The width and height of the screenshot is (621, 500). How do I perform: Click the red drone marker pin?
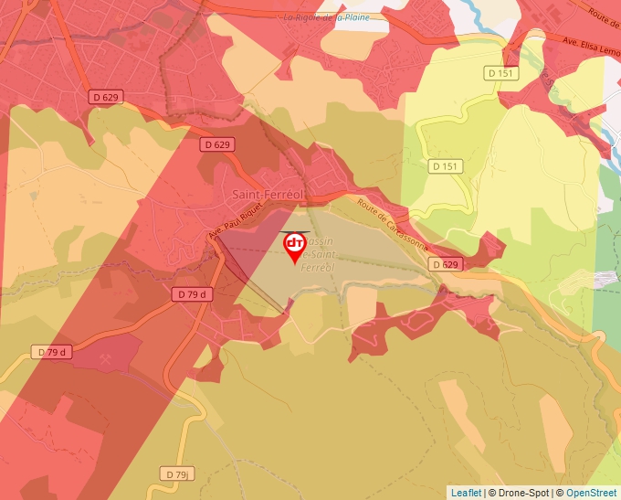coord(295,245)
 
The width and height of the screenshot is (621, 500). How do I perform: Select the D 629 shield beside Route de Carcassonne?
coord(445,264)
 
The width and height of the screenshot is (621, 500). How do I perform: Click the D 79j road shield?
coord(178,473)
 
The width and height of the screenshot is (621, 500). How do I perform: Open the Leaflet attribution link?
coord(466,493)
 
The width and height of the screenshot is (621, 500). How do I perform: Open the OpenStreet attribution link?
coord(590,493)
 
